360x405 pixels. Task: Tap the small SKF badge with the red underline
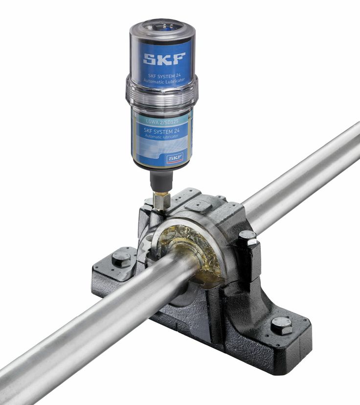[x=174, y=158]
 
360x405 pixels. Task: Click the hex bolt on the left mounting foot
[x=120, y=258]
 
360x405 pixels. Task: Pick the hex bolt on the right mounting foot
[x=282, y=325]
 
